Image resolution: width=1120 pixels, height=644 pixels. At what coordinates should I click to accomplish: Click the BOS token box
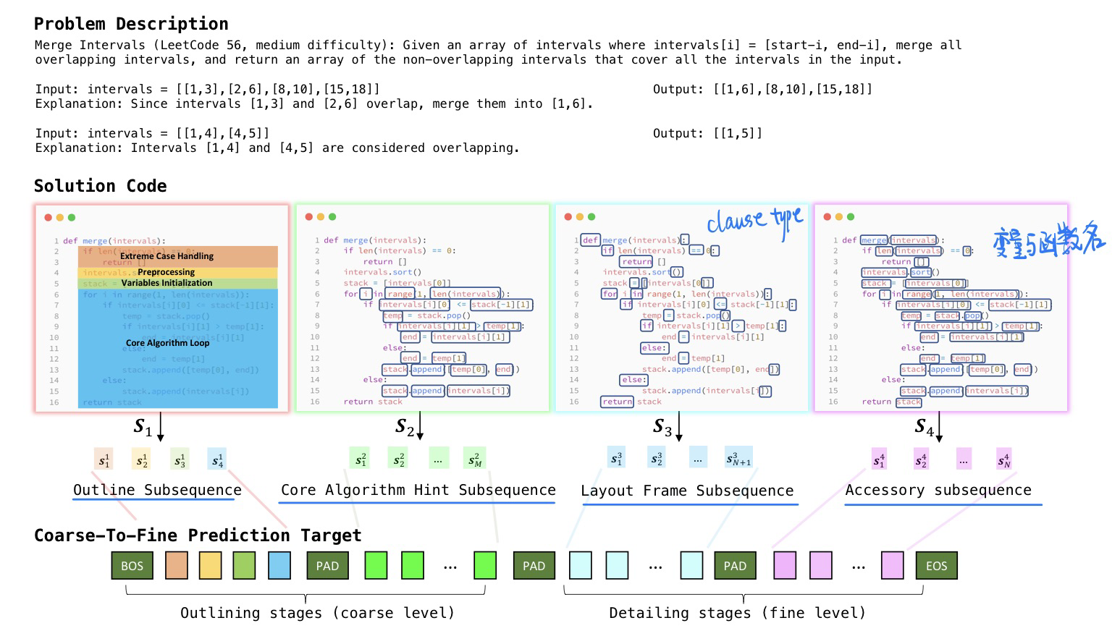[x=132, y=566]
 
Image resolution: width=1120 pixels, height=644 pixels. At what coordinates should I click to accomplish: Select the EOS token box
[x=936, y=566]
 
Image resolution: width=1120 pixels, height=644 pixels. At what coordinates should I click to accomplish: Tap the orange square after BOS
[x=177, y=566]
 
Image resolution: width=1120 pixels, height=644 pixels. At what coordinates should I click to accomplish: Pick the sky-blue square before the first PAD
[x=279, y=566]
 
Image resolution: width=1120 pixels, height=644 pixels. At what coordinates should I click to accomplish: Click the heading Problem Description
[x=131, y=24]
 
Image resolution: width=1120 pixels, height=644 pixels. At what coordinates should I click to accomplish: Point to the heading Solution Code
[x=100, y=186]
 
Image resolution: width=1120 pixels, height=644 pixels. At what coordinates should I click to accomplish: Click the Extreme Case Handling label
[x=167, y=256]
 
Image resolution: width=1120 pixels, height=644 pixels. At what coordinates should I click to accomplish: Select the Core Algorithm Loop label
[x=167, y=343]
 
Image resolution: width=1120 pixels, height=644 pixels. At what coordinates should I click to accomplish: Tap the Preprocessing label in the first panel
[x=166, y=272]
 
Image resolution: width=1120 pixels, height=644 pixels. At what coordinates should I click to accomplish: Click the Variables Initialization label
[x=167, y=283]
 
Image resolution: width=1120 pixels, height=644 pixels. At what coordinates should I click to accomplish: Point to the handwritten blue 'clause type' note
[x=754, y=220]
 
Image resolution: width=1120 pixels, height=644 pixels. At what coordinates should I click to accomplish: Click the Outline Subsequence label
[x=157, y=490]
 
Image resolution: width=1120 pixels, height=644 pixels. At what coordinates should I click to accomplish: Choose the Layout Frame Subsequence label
[x=687, y=491]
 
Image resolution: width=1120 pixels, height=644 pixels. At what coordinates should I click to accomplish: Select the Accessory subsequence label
[x=938, y=490]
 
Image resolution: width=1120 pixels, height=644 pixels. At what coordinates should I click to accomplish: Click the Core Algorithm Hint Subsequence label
[x=418, y=490]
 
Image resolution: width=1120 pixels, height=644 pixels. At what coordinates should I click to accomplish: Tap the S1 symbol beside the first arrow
[x=143, y=428]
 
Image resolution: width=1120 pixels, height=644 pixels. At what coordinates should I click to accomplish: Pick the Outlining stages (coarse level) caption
[x=317, y=613]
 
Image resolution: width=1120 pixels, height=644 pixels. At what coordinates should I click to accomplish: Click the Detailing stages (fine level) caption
[x=737, y=613]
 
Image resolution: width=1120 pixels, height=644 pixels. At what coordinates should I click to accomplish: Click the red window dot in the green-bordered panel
[x=309, y=216]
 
